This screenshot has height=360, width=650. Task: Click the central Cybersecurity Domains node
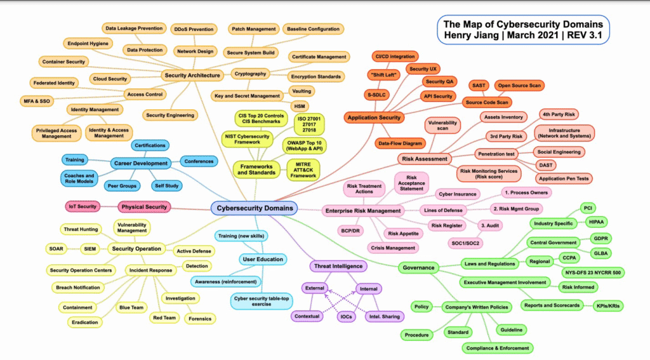[255, 208]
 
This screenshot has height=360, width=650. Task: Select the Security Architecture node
[192, 75]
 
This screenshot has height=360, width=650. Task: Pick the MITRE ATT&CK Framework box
[303, 170]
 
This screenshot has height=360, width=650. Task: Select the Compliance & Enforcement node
[497, 348]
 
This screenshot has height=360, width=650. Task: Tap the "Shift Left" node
[382, 74]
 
